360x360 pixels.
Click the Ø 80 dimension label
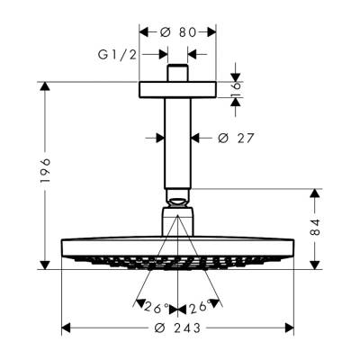point(177,31)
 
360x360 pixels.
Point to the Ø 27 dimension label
point(236,138)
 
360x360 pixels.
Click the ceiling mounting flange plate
point(177,91)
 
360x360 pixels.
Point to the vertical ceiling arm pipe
point(177,144)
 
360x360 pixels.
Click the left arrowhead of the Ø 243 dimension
point(65,328)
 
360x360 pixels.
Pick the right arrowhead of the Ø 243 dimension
point(291,328)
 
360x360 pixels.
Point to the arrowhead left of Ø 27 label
point(160,138)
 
